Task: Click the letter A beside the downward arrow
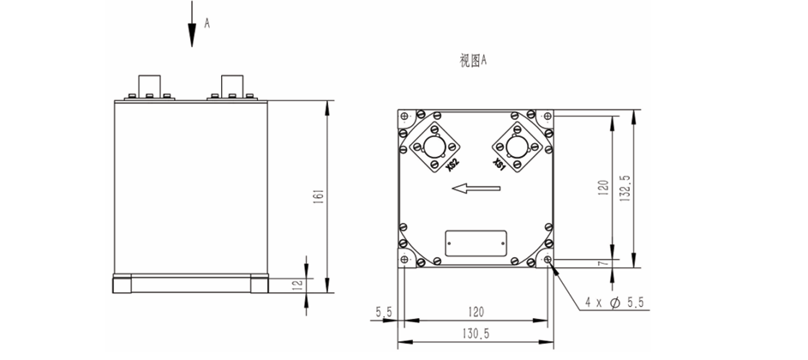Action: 206,24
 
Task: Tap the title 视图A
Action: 473,61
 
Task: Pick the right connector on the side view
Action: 231,87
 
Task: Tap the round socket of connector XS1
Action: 517,146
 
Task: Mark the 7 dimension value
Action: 603,263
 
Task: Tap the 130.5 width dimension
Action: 476,333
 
